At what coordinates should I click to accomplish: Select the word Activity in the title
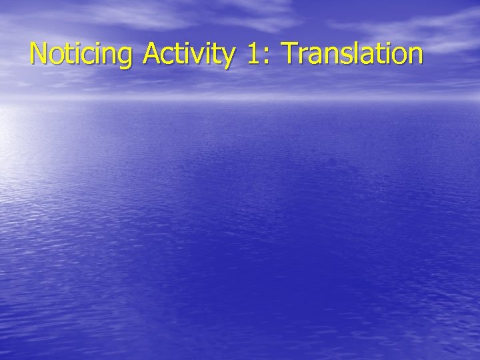[x=188, y=55]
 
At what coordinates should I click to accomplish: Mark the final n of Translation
[x=413, y=57]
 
